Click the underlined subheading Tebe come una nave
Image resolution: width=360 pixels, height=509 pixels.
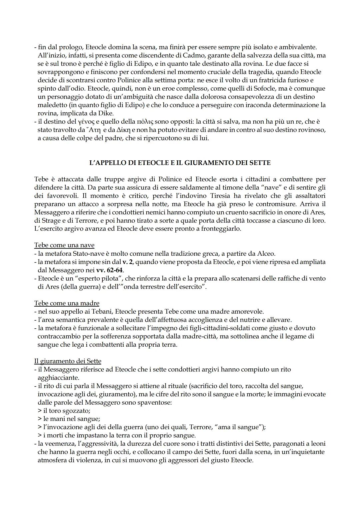[x=64, y=245]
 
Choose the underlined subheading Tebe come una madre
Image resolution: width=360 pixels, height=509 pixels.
[x=67, y=303]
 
